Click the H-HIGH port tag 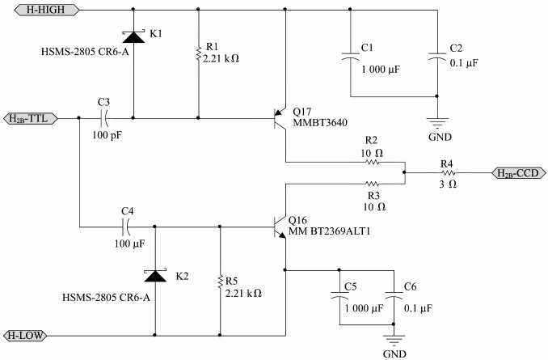point(47,10)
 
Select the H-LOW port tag point(25,336)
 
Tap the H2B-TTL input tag point(31,119)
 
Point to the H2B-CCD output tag point(519,173)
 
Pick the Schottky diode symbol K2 point(155,276)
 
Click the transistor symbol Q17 point(280,119)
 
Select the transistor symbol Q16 point(280,227)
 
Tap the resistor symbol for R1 point(199,53)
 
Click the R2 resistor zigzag point(373,163)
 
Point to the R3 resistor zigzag point(373,184)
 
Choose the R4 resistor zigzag point(448,173)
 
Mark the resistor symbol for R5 point(220,282)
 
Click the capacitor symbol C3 point(104,118)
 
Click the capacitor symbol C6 point(394,294)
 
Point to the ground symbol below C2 point(437,123)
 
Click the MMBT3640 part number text point(320,122)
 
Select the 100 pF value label point(107,135)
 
